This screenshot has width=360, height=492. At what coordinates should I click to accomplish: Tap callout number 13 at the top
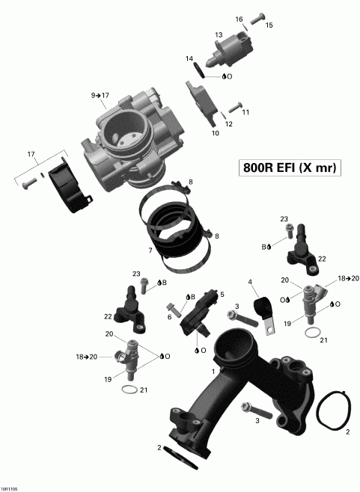coord(219,35)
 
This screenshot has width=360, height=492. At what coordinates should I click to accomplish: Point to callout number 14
coord(189,58)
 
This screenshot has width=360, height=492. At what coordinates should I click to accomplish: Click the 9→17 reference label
coord(100,96)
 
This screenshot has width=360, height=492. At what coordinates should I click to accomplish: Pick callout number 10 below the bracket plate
coord(216,134)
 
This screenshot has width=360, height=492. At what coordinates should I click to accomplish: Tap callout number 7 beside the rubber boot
coord(150,250)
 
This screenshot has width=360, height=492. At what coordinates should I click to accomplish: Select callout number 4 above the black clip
coord(251,282)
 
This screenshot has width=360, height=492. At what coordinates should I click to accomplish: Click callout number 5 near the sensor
coord(222,295)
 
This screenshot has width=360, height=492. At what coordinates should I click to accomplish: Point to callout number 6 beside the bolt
coord(169,317)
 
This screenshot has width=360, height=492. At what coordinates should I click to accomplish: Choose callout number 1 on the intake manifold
coord(213,371)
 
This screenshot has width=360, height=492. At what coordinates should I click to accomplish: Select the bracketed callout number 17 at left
coord(31,155)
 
